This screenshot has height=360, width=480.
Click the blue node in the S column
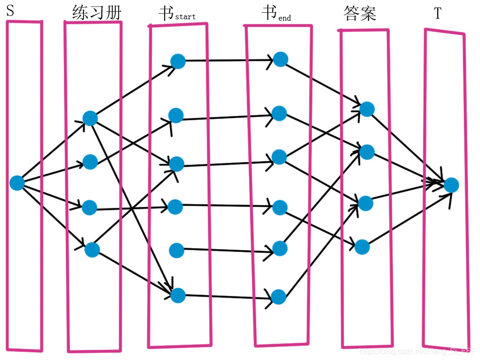[17, 183]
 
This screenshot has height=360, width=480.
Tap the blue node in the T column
[451, 185]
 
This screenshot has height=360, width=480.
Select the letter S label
[10, 12]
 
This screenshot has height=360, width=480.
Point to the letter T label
[438, 14]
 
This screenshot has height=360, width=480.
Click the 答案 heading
[360, 14]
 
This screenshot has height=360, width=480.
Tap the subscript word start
[185, 17]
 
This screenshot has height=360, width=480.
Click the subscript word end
[285, 18]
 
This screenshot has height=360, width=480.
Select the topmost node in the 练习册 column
[90, 118]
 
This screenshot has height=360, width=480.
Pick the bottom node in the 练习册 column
[92, 250]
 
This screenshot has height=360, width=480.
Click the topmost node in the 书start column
[178, 61]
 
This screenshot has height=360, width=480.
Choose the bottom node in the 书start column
[178, 295]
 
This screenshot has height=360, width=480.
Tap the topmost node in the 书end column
[280, 59]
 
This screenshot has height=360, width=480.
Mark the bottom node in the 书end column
[278, 297]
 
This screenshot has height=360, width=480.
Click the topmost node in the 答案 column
[367, 109]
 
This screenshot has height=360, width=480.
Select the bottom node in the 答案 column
[362, 247]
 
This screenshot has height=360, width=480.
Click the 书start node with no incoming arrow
[177, 250]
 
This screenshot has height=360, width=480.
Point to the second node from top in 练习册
[90, 162]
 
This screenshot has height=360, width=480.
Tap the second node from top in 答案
[367, 152]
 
